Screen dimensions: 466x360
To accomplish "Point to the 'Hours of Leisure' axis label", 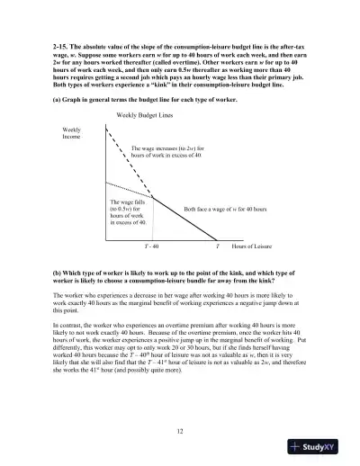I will coord(253,245).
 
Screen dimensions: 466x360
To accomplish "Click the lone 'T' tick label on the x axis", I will coord(216,245).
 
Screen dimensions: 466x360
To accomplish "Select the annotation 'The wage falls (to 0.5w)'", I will coord(127,207).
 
